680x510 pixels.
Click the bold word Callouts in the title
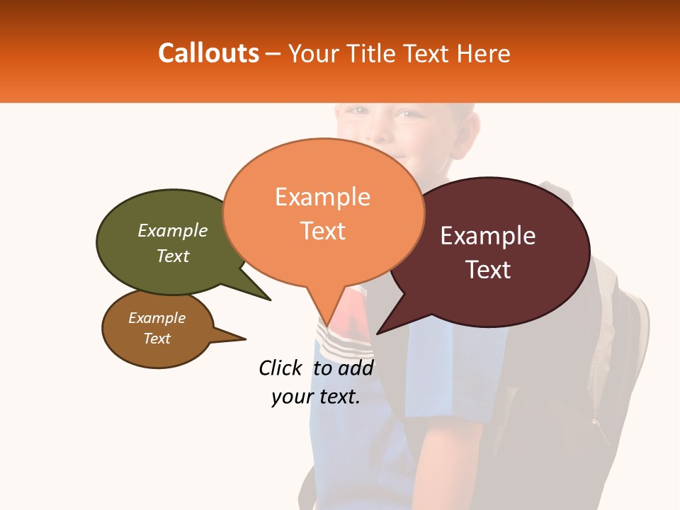coord(208,53)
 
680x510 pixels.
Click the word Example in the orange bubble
coord(322,197)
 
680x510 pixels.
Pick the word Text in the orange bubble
coord(322,231)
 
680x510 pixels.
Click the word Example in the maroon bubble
coord(488,236)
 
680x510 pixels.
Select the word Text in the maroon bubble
coord(489,270)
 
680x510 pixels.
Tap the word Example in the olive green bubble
coord(173,230)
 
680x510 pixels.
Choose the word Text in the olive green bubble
coord(173,256)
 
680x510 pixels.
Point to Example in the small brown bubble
coord(157,318)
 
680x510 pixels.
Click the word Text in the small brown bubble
coord(157,339)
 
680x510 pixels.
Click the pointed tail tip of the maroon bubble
coord(378,333)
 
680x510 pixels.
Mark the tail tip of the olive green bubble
coord(270,300)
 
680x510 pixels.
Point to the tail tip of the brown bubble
coord(245,338)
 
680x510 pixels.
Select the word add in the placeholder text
coord(356,368)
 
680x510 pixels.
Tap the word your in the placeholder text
coord(290,397)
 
